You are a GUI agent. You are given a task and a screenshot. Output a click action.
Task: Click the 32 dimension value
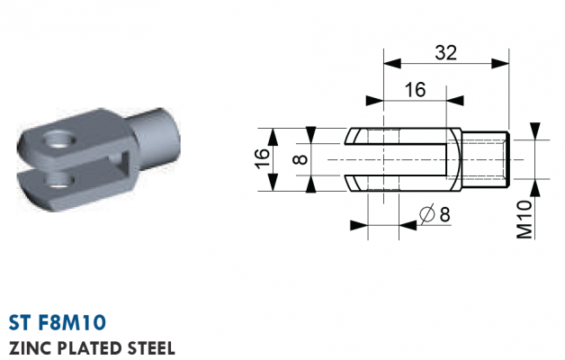[445, 52]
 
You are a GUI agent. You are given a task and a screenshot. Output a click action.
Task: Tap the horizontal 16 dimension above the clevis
[415, 89]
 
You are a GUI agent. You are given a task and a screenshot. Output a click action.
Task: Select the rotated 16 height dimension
[263, 158]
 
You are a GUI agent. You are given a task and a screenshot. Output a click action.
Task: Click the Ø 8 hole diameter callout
[435, 214]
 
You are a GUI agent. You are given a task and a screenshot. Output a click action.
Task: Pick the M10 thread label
[525, 219]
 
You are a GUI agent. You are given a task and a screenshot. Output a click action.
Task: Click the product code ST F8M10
[58, 322]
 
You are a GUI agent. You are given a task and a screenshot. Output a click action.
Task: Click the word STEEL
[151, 348]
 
